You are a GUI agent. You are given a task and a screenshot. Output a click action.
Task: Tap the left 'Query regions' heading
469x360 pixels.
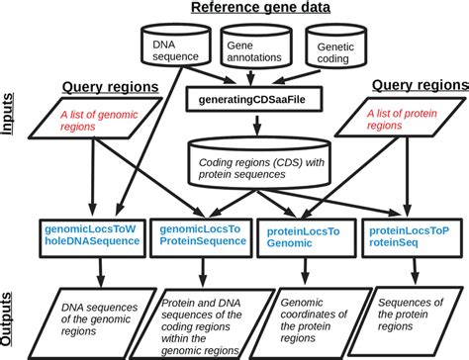110,87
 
